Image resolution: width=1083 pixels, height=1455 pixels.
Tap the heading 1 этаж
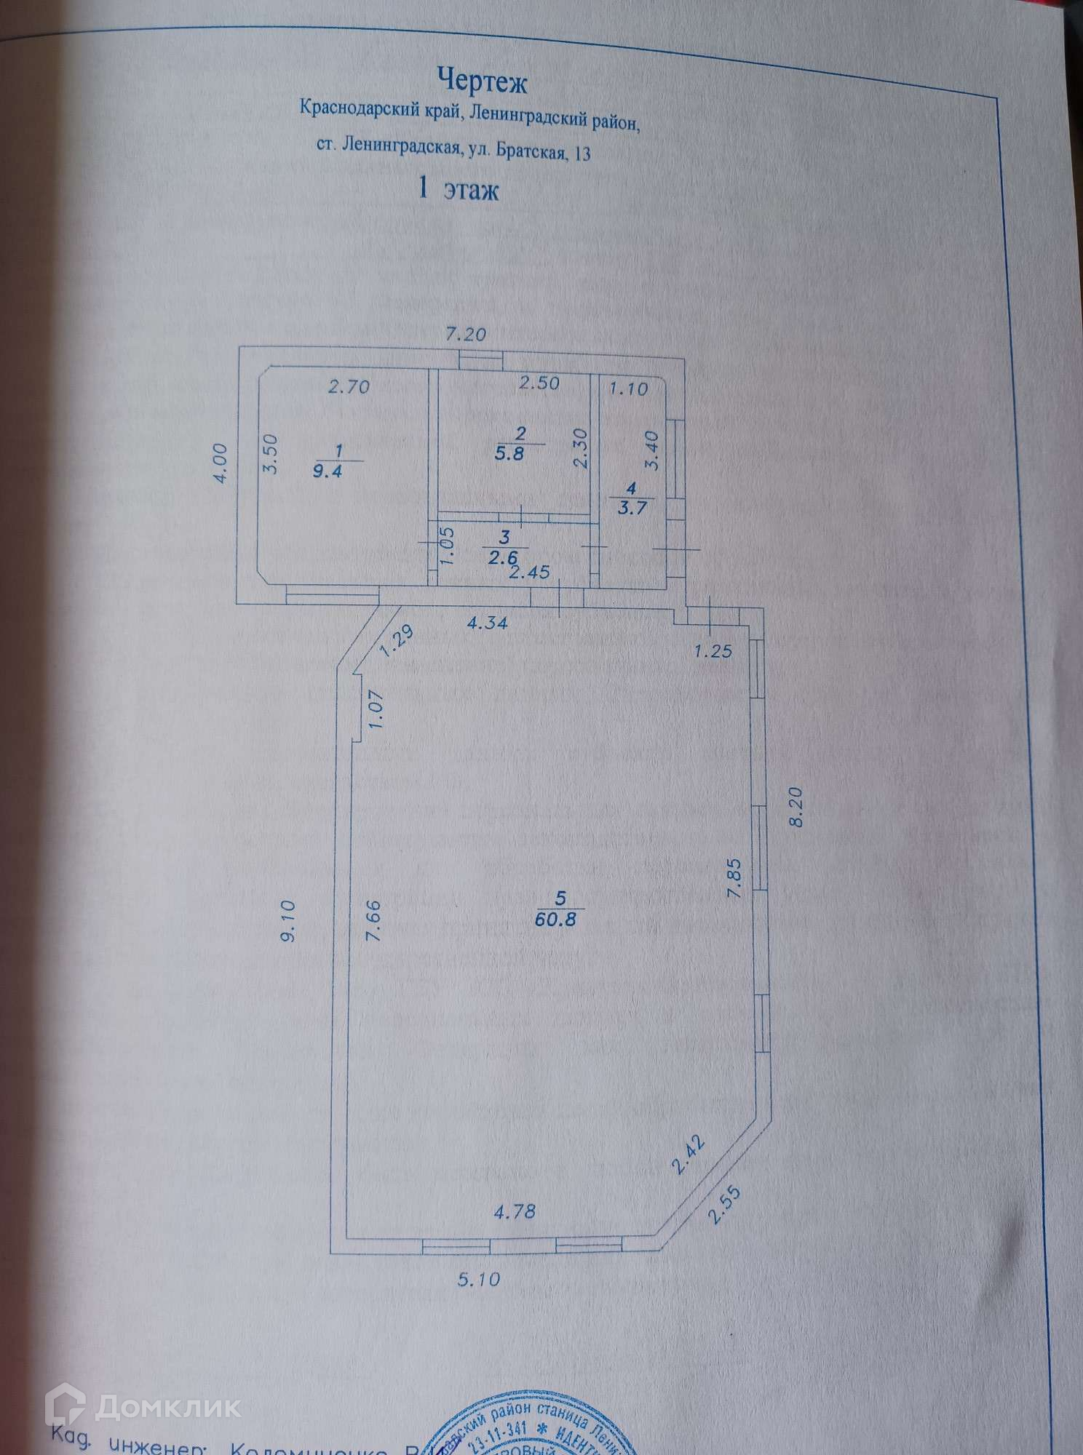click(x=457, y=190)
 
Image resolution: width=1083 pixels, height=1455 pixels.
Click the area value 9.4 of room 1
click(x=328, y=470)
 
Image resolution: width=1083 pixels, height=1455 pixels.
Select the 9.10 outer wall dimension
click(x=288, y=921)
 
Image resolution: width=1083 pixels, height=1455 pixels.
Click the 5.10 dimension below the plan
click(x=480, y=1278)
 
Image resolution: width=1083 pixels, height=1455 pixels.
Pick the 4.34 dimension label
click(x=487, y=623)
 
